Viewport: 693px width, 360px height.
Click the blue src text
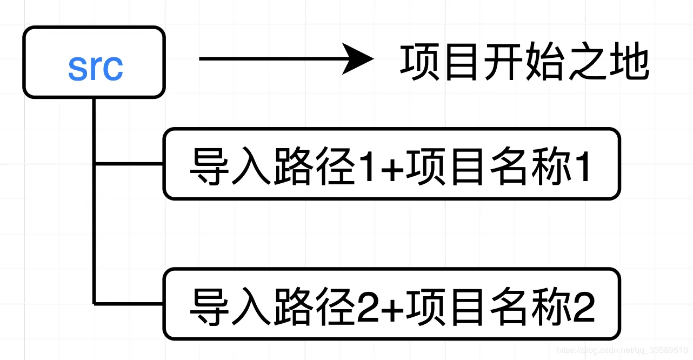coord(95,66)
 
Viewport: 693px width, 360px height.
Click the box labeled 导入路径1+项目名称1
coord(391,164)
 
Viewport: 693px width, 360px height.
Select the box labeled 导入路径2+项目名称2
coord(391,304)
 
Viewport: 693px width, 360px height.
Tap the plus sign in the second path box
coord(389,306)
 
